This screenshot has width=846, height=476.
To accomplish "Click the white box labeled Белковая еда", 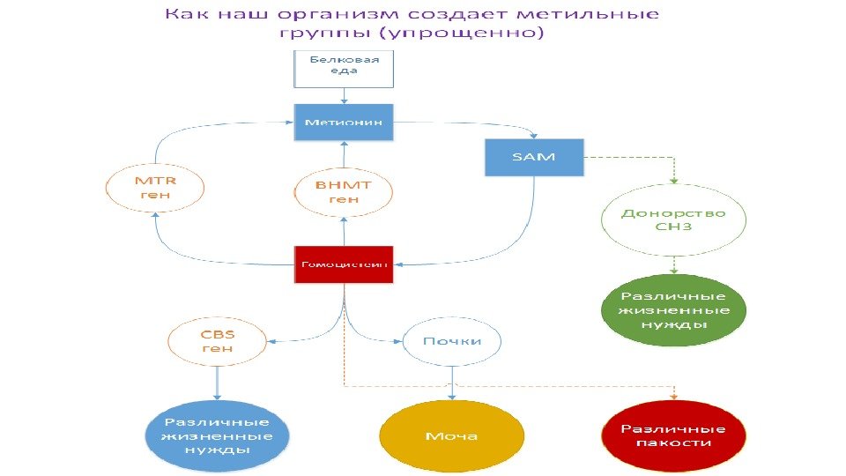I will click(x=345, y=68).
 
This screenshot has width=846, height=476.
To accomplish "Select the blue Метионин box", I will click(x=344, y=122).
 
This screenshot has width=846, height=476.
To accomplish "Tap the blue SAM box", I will click(x=534, y=157).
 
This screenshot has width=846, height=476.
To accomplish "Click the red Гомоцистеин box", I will click(x=345, y=264).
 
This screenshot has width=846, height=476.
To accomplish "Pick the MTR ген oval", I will click(x=155, y=188).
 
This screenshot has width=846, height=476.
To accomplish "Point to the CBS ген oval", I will click(x=218, y=341).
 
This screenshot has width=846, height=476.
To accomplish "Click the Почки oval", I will click(x=453, y=340).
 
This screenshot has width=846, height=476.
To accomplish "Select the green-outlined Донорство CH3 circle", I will click(x=673, y=219).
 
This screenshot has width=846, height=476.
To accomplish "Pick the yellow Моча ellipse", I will click(x=452, y=436).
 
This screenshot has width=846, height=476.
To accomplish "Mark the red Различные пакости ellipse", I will click(x=673, y=435).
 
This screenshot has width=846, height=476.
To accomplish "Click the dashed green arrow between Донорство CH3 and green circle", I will click(x=673, y=264).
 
